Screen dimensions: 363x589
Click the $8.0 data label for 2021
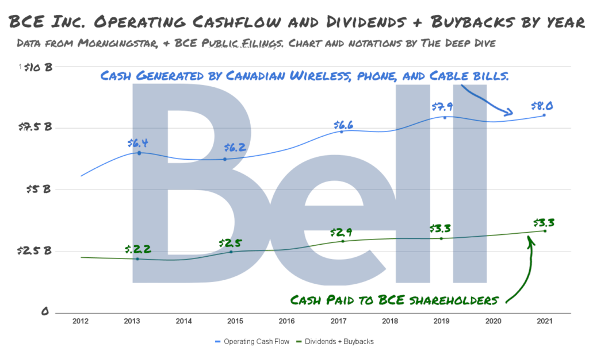click(542, 106)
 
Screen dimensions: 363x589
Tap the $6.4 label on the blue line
click(138, 144)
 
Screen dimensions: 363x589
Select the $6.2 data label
click(235, 148)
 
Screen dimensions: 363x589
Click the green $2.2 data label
click(138, 249)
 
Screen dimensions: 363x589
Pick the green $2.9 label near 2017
click(341, 233)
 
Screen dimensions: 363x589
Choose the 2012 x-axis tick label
click(81, 321)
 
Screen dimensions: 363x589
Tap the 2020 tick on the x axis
click(493, 321)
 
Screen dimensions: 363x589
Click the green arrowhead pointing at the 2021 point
click(531, 240)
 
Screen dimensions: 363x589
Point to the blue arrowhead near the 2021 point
click(508, 113)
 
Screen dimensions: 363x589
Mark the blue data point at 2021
click(544, 115)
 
